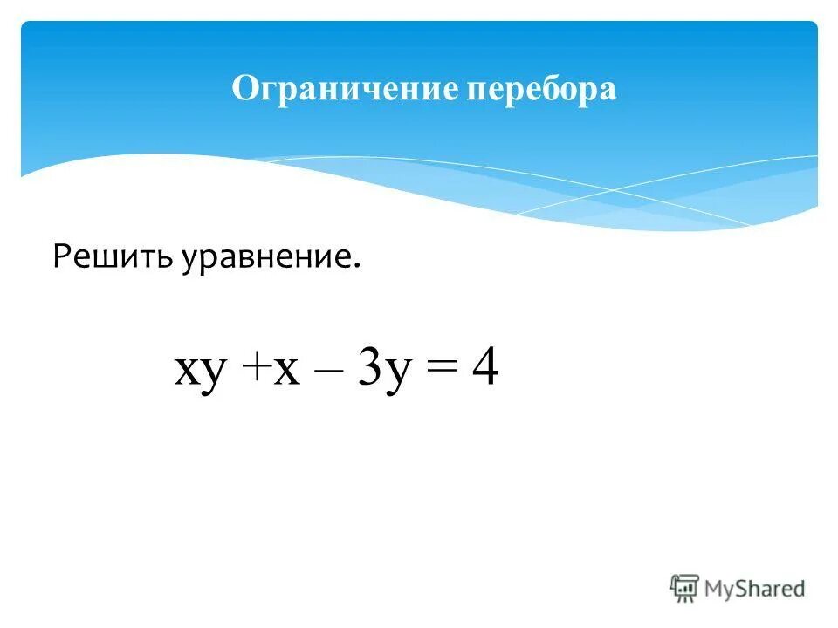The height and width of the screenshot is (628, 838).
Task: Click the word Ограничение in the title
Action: (x=344, y=90)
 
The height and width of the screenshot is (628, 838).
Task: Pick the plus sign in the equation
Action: (x=258, y=371)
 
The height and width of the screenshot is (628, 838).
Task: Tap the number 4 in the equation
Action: (x=484, y=369)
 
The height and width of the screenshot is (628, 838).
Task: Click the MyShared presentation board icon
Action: (x=685, y=589)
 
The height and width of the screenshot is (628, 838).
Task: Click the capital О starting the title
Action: (x=244, y=90)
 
